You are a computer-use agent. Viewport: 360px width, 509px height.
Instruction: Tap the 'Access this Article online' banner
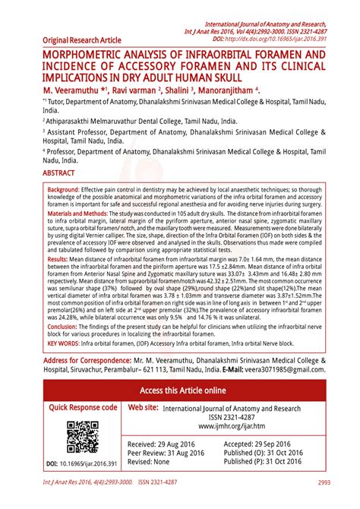[x=182, y=390]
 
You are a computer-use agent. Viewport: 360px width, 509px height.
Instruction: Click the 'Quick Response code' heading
[x=84, y=408]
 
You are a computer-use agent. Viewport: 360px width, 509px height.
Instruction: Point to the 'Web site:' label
[x=144, y=408]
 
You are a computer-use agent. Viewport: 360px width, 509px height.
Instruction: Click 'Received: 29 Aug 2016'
[x=168, y=444]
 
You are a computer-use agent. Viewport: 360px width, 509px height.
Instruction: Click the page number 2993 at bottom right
[x=324, y=482]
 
